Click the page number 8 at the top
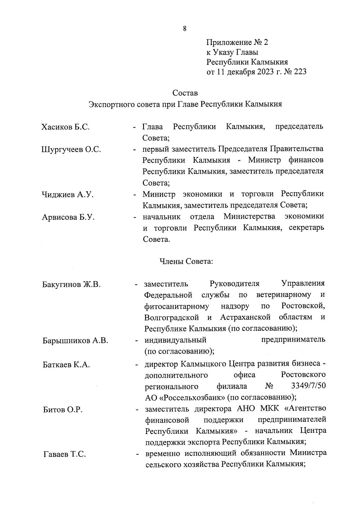click(184, 29)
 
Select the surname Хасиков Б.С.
click(65, 127)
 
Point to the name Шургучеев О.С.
click(71, 149)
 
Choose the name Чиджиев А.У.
click(67, 195)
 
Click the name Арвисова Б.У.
click(68, 217)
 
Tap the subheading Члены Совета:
click(186, 261)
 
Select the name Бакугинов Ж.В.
click(71, 284)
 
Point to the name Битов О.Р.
click(62, 409)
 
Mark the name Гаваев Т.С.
click(64, 454)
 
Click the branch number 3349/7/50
click(308, 386)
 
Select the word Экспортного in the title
click(112, 104)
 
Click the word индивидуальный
click(175, 340)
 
